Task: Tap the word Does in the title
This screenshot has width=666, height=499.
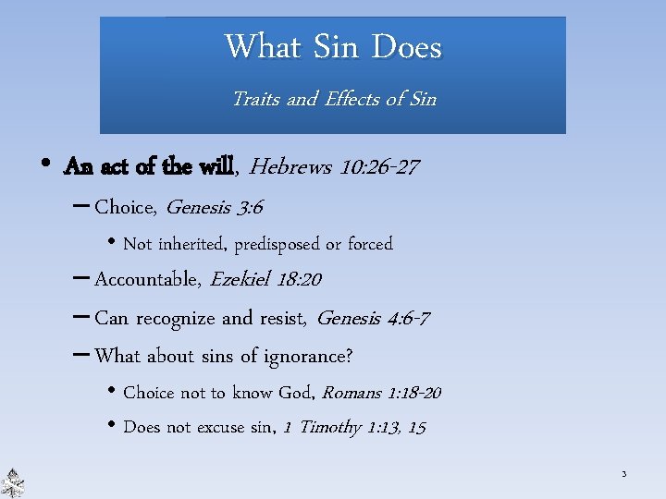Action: (406, 46)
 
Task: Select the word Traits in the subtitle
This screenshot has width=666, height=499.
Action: (255, 98)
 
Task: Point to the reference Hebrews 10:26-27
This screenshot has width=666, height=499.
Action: (335, 167)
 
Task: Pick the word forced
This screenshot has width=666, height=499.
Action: (370, 244)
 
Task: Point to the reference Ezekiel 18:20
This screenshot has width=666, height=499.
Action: (266, 279)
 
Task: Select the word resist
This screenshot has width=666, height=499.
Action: (281, 319)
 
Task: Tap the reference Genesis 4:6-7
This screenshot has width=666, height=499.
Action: (373, 319)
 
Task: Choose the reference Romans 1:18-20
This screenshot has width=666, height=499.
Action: (381, 393)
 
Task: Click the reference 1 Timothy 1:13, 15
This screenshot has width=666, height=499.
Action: (354, 427)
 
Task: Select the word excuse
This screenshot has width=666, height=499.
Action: (226, 427)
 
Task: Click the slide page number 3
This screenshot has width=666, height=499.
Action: (623, 475)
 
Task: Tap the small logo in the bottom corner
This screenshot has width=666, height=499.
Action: (13, 482)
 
